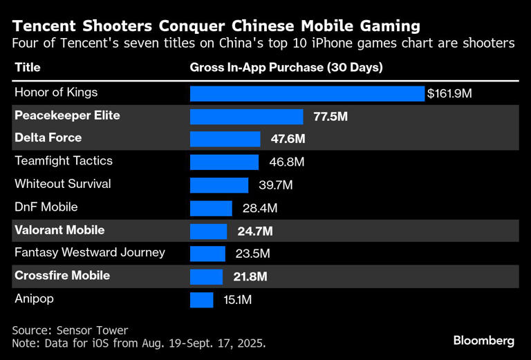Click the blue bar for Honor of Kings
(307, 93)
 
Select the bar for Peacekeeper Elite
(246, 116)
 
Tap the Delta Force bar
(225, 139)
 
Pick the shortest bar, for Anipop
(201, 299)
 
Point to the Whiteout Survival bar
(218, 184)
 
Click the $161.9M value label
(449, 93)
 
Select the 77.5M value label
(330, 116)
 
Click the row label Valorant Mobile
(59, 230)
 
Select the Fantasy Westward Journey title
(90, 252)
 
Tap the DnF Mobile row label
(46, 207)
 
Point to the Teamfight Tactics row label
(64, 161)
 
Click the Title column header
(28, 68)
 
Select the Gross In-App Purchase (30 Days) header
(286, 68)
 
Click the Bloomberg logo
(484, 340)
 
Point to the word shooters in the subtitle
(487, 43)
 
